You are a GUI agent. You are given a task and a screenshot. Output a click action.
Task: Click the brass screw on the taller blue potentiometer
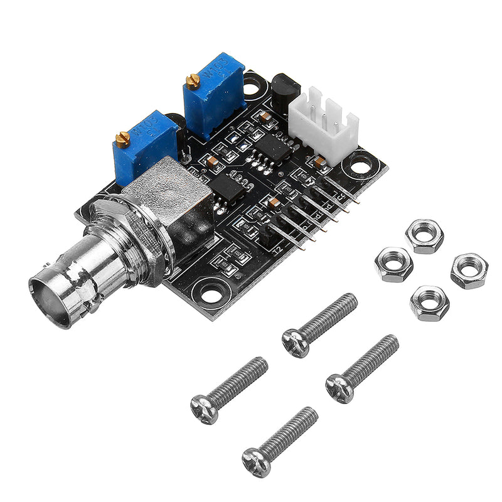(193, 80)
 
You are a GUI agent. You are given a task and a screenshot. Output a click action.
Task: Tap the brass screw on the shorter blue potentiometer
(122, 137)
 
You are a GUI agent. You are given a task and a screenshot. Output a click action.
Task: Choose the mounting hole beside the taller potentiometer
(254, 86)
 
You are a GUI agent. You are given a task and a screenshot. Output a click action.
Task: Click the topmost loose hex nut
(424, 236)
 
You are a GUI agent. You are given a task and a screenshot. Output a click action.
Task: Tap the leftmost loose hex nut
(393, 264)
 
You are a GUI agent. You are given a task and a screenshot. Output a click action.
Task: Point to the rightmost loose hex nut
(469, 270)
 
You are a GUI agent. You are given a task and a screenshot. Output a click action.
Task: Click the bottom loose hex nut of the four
(429, 303)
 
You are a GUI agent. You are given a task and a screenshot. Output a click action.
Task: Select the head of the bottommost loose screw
(256, 462)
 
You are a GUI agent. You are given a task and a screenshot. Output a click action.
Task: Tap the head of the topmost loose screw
(295, 343)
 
